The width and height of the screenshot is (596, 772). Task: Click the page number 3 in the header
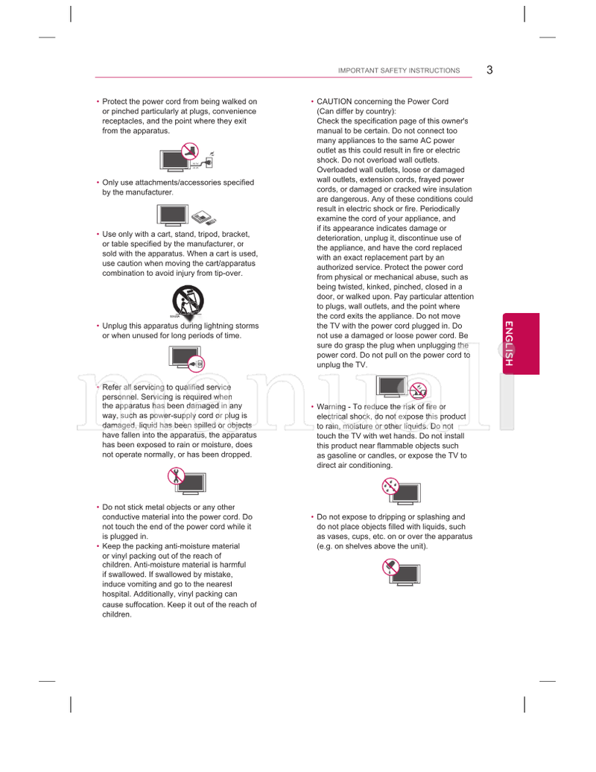[489, 70]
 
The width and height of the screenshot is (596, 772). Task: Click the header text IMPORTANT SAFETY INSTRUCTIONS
[399, 71]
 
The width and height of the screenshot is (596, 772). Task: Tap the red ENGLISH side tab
[509, 343]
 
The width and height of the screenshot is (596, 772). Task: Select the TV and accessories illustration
[187, 215]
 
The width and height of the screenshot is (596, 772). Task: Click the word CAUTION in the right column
[335, 101]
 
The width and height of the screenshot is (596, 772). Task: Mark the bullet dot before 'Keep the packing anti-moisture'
[98, 546]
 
